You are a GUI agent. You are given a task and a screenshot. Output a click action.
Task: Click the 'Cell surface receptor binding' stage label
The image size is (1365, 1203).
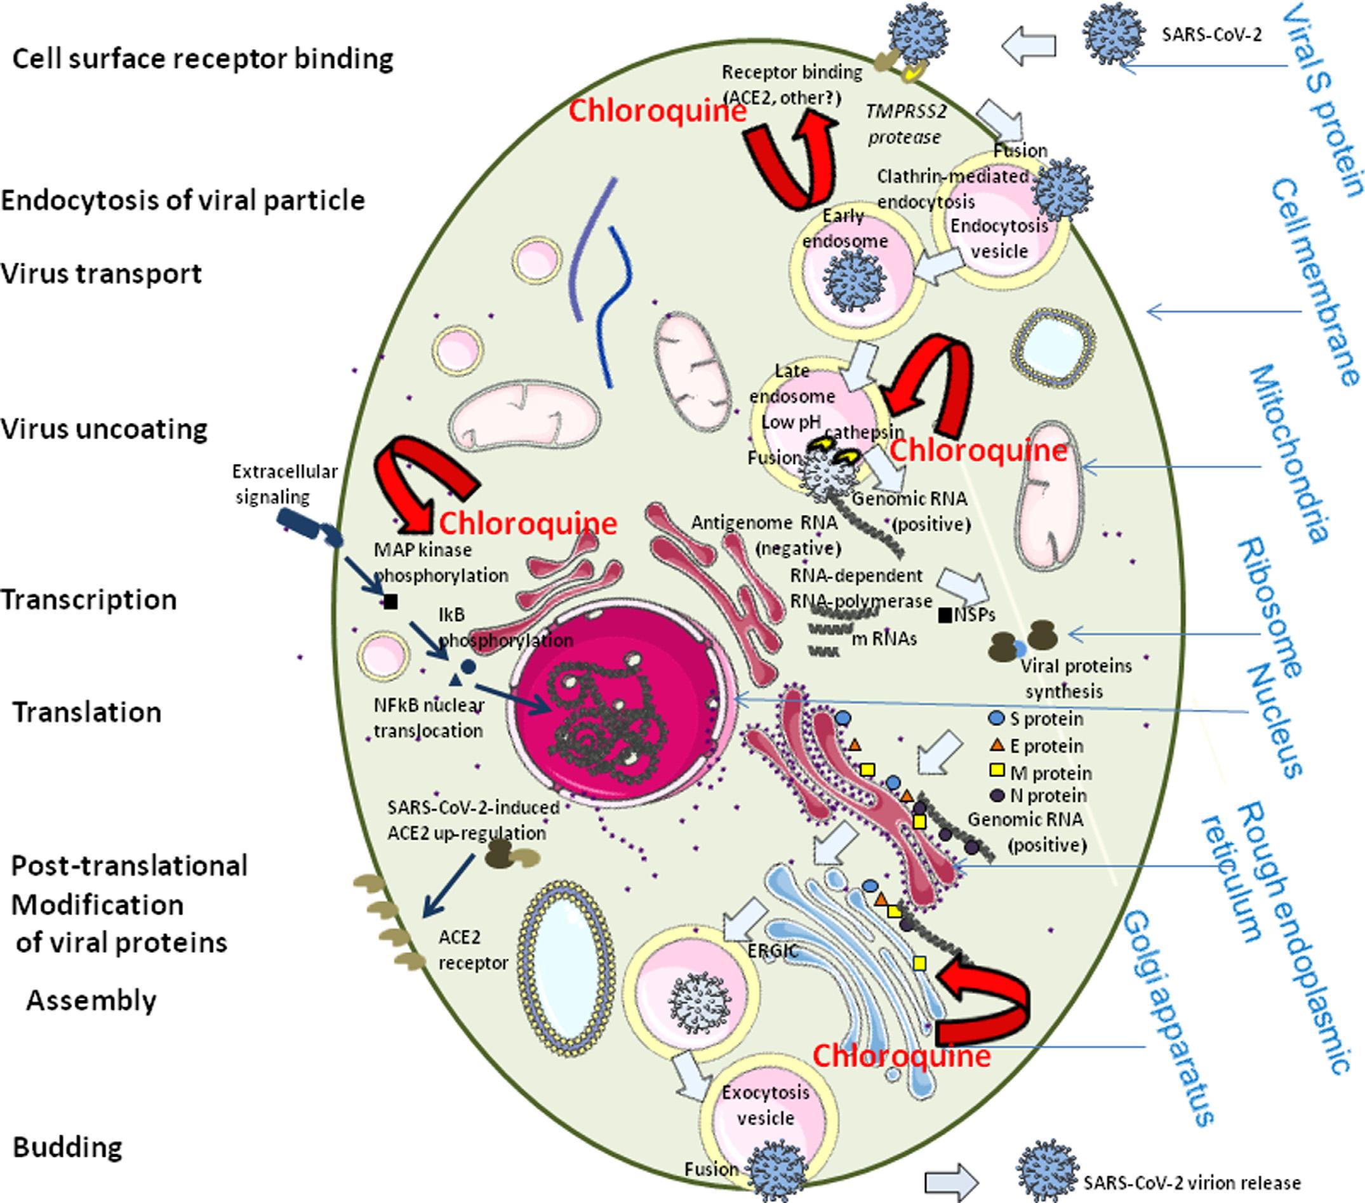click(203, 60)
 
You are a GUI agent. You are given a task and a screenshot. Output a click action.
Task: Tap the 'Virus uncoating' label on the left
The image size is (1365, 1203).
click(104, 429)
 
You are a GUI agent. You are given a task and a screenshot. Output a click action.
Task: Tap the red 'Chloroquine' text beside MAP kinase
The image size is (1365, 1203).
click(528, 523)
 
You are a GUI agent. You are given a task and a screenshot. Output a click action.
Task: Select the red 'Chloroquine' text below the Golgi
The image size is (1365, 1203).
click(902, 1056)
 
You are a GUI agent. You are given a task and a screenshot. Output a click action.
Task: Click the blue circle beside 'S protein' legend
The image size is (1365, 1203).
click(996, 719)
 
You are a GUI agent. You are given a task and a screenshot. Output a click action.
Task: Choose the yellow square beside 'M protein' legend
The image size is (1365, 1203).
click(996, 771)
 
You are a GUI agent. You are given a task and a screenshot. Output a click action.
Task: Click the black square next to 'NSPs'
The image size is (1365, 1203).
click(945, 615)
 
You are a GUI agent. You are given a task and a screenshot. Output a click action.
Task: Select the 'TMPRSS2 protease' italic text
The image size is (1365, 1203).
click(906, 124)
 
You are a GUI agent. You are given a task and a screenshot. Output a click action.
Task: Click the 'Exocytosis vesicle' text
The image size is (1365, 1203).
click(766, 1105)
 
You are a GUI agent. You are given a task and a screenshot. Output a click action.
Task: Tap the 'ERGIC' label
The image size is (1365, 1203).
click(773, 950)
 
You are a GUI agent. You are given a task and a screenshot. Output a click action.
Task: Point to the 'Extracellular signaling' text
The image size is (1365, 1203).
click(285, 484)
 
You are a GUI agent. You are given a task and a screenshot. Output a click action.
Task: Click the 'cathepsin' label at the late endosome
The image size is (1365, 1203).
click(866, 432)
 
